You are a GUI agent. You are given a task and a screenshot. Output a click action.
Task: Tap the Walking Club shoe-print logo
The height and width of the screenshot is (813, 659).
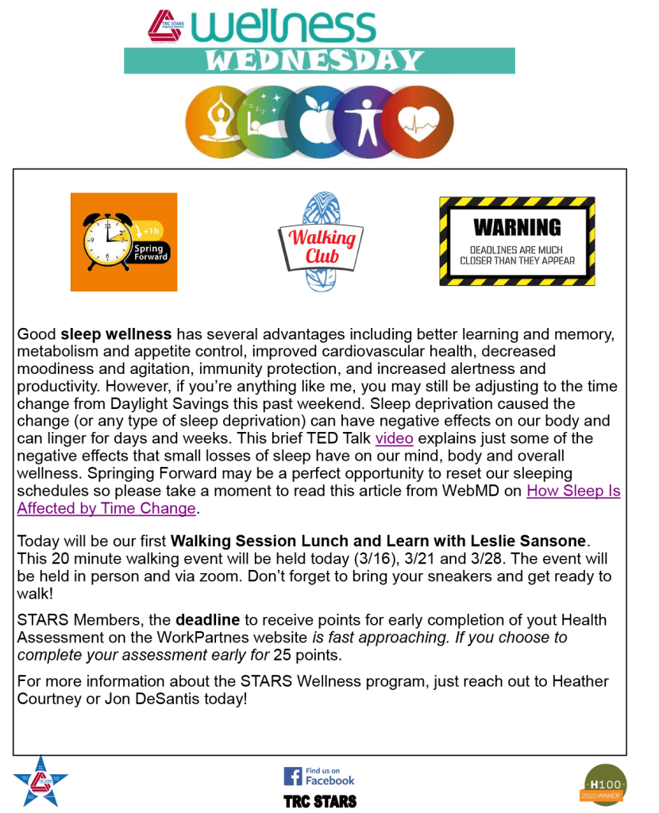(x=322, y=241)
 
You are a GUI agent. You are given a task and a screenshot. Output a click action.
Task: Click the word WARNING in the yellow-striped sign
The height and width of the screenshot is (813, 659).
(x=517, y=227)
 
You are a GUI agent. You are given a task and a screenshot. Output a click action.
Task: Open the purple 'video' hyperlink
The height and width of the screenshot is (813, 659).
(x=394, y=439)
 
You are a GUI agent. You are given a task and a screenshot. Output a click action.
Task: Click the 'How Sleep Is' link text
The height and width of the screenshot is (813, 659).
(x=572, y=491)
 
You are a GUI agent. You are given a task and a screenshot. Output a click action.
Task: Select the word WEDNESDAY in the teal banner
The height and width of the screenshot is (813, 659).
(x=319, y=60)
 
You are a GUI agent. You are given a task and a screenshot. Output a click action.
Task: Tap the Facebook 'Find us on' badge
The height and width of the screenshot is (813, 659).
(x=319, y=776)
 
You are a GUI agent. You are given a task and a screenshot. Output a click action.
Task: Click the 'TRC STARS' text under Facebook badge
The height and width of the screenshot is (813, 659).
(x=320, y=801)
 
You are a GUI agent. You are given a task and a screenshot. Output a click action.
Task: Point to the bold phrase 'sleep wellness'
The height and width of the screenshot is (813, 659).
(x=116, y=334)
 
